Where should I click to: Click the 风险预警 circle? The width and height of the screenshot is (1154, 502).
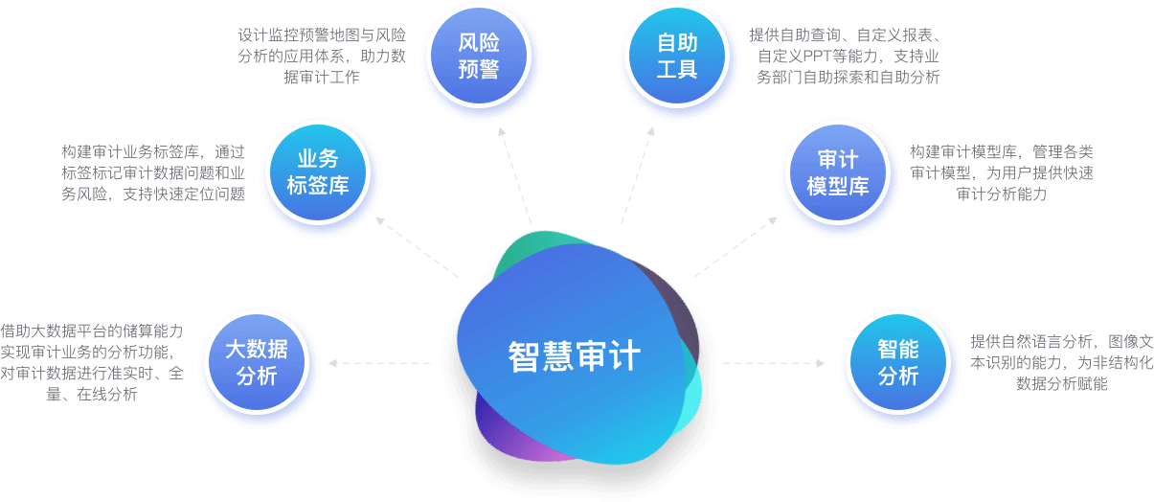pyautogui.click(x=479, y=56)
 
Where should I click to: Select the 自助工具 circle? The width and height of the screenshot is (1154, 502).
pyautogui.click(x=677, y=56)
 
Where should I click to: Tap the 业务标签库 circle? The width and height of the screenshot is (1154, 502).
pyautogui.click(x=318, y=172)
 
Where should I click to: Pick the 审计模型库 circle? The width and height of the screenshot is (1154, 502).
pyautogui.click(x=838, y=172)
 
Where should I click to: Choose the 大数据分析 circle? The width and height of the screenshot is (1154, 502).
pyautogui.click(x=257, y=362)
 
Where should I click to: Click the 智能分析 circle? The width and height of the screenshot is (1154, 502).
pyautogui.click(x=898, y=362)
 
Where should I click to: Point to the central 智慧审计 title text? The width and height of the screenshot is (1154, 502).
pyautogui.click(x=574, y=356)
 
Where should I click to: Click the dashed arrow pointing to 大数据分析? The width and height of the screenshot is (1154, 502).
pyautogui.click(x=379, y=363)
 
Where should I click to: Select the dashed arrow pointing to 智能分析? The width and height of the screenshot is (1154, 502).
pyautogui.click(x=774, y=363)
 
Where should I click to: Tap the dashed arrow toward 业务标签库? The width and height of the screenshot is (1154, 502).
pyautogui.click(x=417, y=247)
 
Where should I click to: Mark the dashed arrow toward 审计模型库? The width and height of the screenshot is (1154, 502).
pyautogui.click(x=735, y=247)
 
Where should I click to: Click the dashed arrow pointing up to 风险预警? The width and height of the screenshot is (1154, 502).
pyautogui.click(x=514, y=175)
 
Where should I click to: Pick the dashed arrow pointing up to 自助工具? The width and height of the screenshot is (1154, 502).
pyautogui.click(x=638, y=175)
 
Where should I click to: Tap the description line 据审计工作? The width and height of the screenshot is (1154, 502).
pyautogui.click(x=322, y=77)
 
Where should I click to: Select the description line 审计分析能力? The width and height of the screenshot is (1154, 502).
pyautogui.click(x=1002, y=194)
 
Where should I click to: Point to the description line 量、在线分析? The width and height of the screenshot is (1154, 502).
pyautogui.click(x=92, y=395)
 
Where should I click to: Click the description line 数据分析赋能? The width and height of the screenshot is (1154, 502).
pyautogui.click(x=1062, y=384)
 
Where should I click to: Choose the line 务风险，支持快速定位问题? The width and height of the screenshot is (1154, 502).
pyautogui.click(x=153, y=194)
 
